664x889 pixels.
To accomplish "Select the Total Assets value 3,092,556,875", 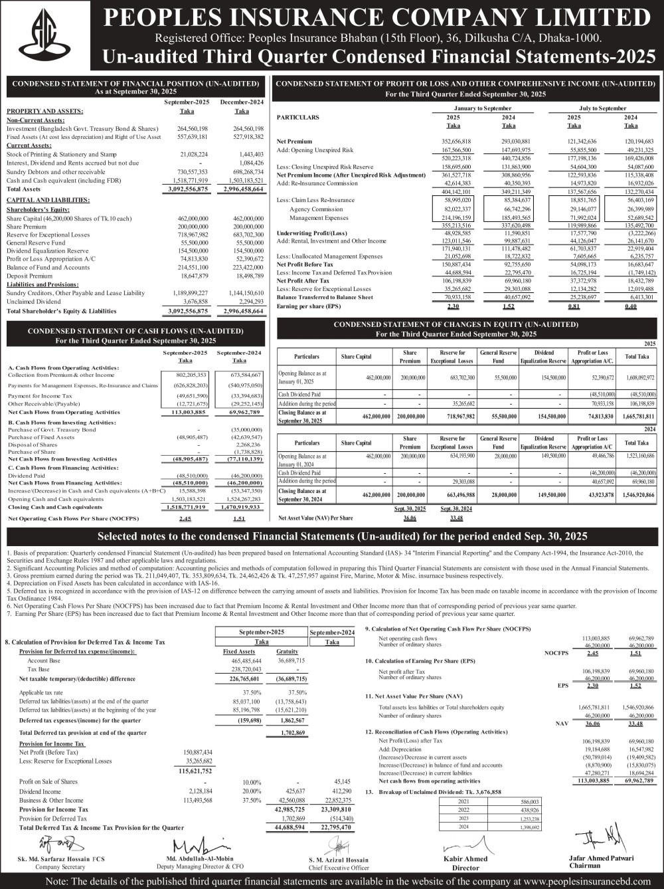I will [x=185, y=189].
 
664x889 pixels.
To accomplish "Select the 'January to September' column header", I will [x=483, y=108].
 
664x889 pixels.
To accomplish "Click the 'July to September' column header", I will [x=602, y=108].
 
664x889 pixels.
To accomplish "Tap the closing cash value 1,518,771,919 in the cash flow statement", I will [x=186, y=507].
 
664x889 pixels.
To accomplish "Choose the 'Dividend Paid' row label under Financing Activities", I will [x=26, y=476].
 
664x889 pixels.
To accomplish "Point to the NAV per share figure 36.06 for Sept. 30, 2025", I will [x=410, y=518].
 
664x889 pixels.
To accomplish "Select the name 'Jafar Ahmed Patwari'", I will [x=601, y=858].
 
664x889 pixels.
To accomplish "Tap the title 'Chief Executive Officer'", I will [x=339, y=868].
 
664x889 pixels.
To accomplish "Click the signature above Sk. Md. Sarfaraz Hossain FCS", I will [x=55, y=844].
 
